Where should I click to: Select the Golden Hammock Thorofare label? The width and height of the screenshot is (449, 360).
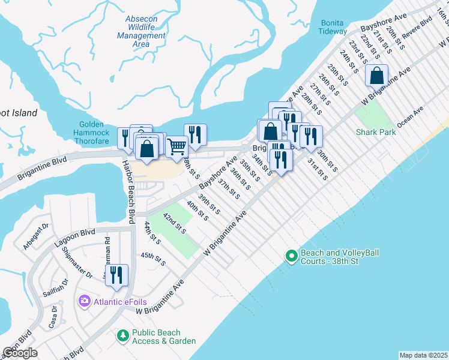coord(92,128)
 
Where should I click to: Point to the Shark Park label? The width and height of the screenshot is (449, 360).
coord(376,131)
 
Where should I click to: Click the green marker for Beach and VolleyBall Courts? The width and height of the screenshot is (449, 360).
coord(291,257)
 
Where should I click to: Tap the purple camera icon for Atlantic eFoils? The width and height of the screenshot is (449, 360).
coord(84,300)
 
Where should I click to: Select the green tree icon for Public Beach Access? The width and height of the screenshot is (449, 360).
coord(123,334)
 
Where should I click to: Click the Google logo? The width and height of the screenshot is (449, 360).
coord(20,353)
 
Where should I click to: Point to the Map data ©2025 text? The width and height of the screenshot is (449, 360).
coord(423,355)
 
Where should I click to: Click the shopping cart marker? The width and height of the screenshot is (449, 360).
coord(176,146)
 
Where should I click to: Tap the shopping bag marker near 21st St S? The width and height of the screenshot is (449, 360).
coord(377,76)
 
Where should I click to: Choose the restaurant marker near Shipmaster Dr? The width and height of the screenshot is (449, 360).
coord(116,275)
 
